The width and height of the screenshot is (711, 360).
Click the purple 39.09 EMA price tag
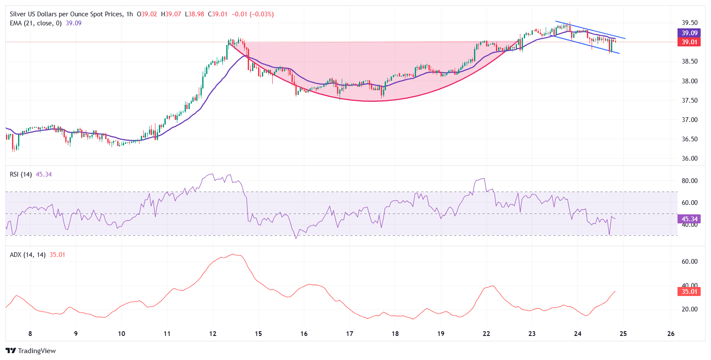pos(690,33)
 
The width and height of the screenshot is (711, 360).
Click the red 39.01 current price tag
pos(690,42)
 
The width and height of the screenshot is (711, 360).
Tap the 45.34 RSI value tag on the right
pos(690,219)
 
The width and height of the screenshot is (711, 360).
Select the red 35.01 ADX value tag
pos(690,292)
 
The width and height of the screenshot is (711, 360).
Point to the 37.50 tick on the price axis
pos(690,101)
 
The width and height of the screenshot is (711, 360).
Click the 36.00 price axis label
pos(690,159)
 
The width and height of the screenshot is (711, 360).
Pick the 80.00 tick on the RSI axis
pos(690,181)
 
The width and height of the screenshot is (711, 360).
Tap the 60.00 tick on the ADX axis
pos(690,262)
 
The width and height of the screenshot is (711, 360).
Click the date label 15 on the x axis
pos(258,334)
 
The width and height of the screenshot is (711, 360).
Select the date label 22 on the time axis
pos(486,334)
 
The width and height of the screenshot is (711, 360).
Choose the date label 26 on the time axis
pos(671,334)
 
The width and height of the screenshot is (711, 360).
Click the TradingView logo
pos(31,351)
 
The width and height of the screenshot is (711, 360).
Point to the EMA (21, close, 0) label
pos(36,23)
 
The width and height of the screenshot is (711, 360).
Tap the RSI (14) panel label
pos(21,174)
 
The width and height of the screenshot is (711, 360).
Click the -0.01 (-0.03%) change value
pos(252,14)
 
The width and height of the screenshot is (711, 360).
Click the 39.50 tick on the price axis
pos(690,23)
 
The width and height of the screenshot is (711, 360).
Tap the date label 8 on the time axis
pos(30,334)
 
